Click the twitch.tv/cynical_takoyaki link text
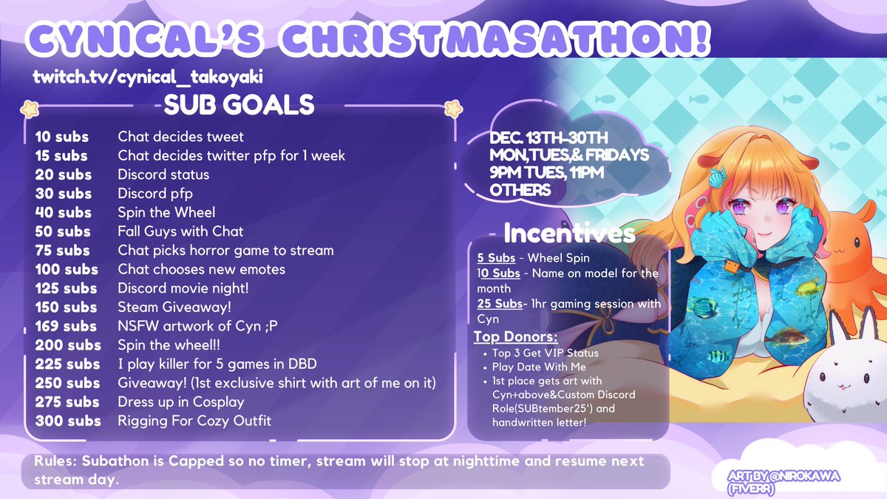tap(148, 77)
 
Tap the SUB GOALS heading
tap(239, 105)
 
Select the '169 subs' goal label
tap(66, 326)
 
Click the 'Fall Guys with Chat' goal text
tap(180, 231)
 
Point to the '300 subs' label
tap(68, 421)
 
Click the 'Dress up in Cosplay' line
tap(180, 402)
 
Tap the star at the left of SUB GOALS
tap(30, 109)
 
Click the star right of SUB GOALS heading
tap(451, 109)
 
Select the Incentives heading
tap(568, 234)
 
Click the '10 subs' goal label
tap(62, 137)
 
